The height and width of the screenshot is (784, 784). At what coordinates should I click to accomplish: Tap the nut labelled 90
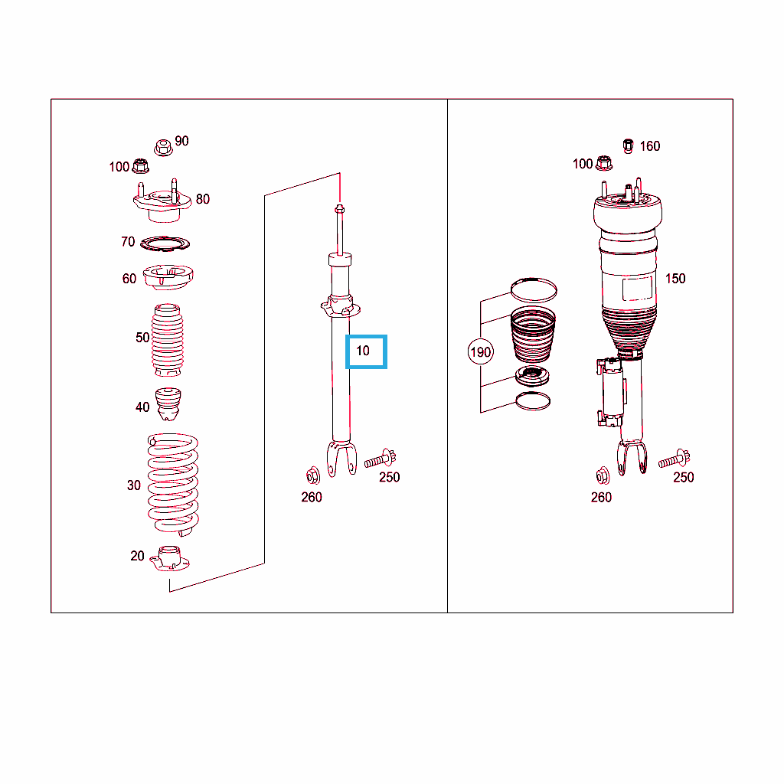click(163, 148)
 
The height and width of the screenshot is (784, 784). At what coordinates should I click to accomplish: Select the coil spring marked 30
click(173, 485)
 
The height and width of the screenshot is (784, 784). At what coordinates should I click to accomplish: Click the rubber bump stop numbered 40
click(168, 404)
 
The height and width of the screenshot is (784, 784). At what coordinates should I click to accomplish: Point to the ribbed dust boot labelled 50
click(168, 340)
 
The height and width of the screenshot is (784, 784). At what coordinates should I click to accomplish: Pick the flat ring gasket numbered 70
click(165, 244)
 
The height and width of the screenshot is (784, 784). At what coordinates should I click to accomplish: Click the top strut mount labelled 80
click(162, 201)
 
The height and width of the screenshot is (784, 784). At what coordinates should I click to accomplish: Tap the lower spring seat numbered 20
click(170, 558)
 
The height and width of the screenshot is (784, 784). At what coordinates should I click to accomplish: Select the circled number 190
click(481, 352)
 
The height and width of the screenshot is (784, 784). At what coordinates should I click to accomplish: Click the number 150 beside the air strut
click(675, 279)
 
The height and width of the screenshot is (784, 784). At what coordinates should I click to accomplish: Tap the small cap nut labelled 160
click(629, 146)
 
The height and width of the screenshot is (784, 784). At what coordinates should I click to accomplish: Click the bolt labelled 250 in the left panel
click(380, 459)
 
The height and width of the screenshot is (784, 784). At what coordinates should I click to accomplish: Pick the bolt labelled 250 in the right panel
click(674, 459)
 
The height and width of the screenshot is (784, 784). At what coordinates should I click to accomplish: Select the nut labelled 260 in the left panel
click(313, 475)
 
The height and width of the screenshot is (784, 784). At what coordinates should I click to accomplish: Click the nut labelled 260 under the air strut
click(603, 475)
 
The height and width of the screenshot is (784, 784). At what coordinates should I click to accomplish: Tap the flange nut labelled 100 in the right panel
click(604, 163)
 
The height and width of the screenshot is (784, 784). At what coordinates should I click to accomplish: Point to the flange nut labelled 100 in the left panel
click(141, 165)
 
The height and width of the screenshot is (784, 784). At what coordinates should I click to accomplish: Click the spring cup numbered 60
click(168, 277)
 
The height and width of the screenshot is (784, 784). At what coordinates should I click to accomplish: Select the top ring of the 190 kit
click(534, 290)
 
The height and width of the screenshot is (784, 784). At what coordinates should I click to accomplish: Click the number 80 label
click(202, 199)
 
